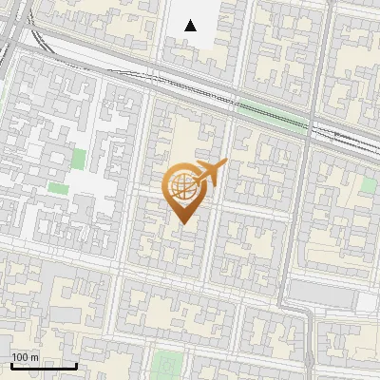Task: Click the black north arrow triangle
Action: pyautogui.click(x=191, y=26)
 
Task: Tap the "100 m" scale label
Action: pyautogui.click(x=26, y=357)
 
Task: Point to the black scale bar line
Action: pyautogui.click(x=43, y=366)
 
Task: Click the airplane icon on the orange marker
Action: pyautogui.click(x=209, y=174)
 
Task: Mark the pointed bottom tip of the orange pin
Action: pyautogui.click(x=180, y=223)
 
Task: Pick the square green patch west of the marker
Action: pyautogui.click(x=79, y=159)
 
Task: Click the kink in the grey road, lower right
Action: pyautogui.click(x=306, y=314)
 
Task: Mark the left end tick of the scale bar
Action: pyautogui.click(x=10, y=365)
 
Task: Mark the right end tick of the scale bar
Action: pyautogui.click(x=76, y=365)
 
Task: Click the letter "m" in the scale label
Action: pyautogui.click(x=34, y=357)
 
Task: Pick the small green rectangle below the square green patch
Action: pyautogui.click(x=59, y=188)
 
